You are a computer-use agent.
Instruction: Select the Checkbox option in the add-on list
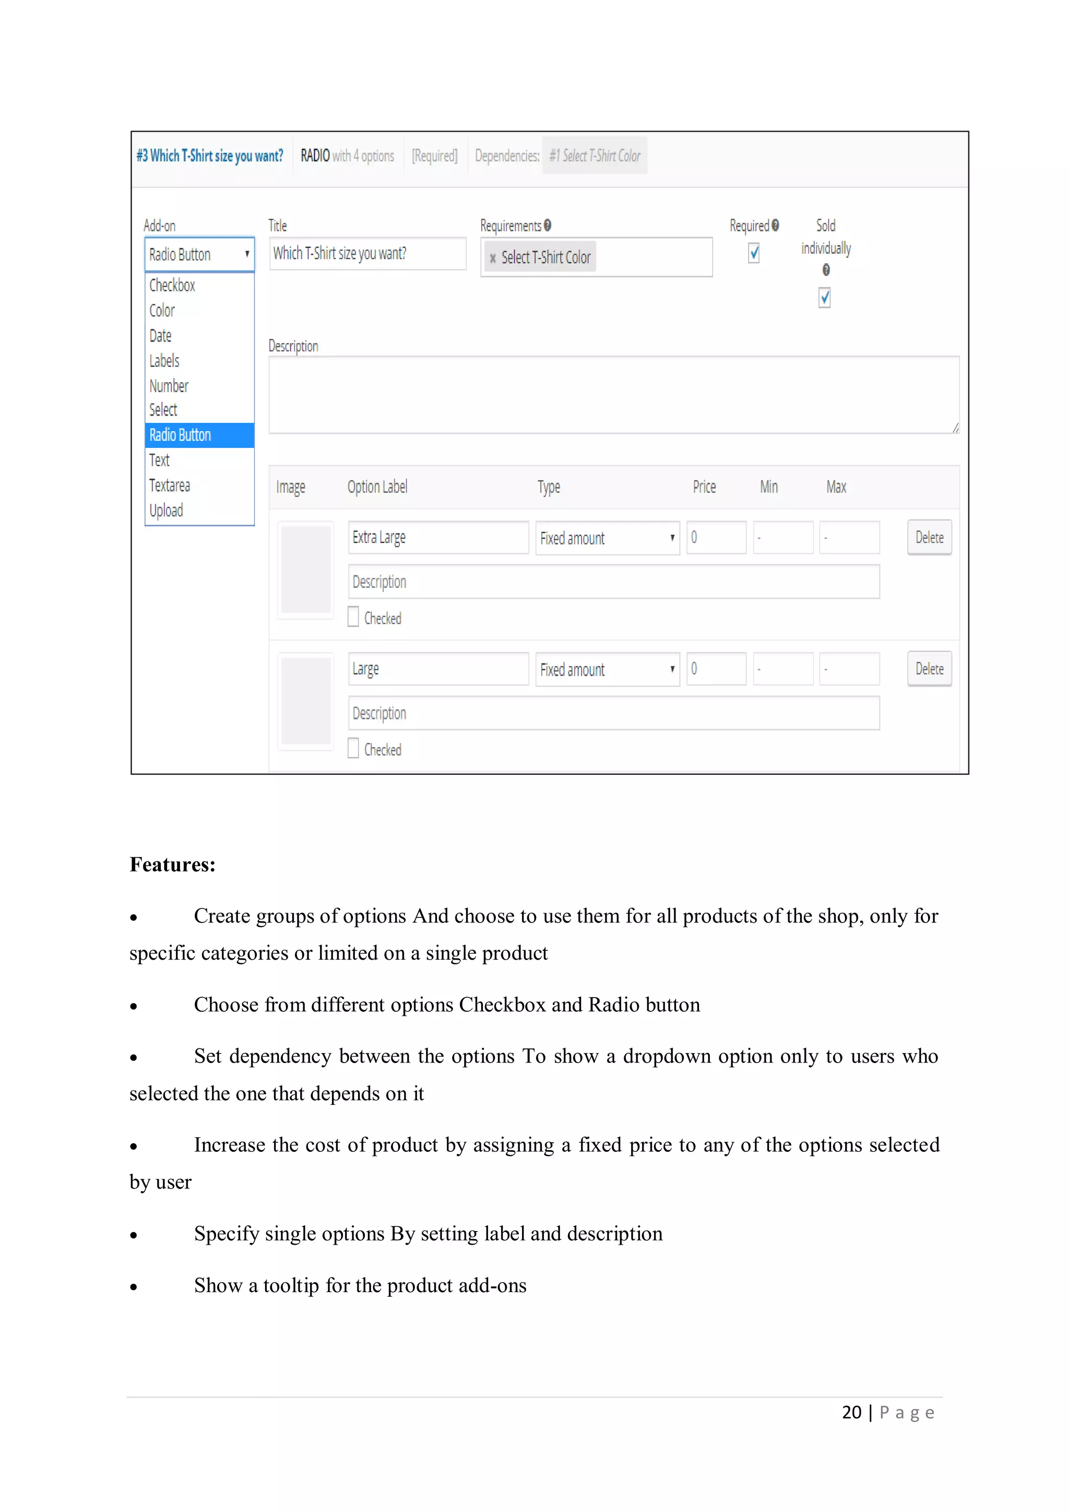[172, 285]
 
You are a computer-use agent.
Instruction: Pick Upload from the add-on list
[166, 511]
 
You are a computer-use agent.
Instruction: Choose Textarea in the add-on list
[170, 486]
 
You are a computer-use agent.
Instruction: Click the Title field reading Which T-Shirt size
[367, 254]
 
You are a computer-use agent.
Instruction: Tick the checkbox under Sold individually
[824, 298]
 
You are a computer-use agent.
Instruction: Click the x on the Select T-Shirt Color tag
[492, 258]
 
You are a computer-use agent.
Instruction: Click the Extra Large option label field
[438, 537]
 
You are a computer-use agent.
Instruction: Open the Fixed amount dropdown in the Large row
[607, 669]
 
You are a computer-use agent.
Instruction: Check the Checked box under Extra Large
[353, 617]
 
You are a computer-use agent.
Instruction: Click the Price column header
[704, 487]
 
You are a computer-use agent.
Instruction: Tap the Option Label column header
[377, 487]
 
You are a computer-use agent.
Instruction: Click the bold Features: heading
[172, 865]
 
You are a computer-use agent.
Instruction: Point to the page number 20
[851, 1413]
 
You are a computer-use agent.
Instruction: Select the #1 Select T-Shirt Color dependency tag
[595, 156]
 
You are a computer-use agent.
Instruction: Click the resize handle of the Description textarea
[955, 429]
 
